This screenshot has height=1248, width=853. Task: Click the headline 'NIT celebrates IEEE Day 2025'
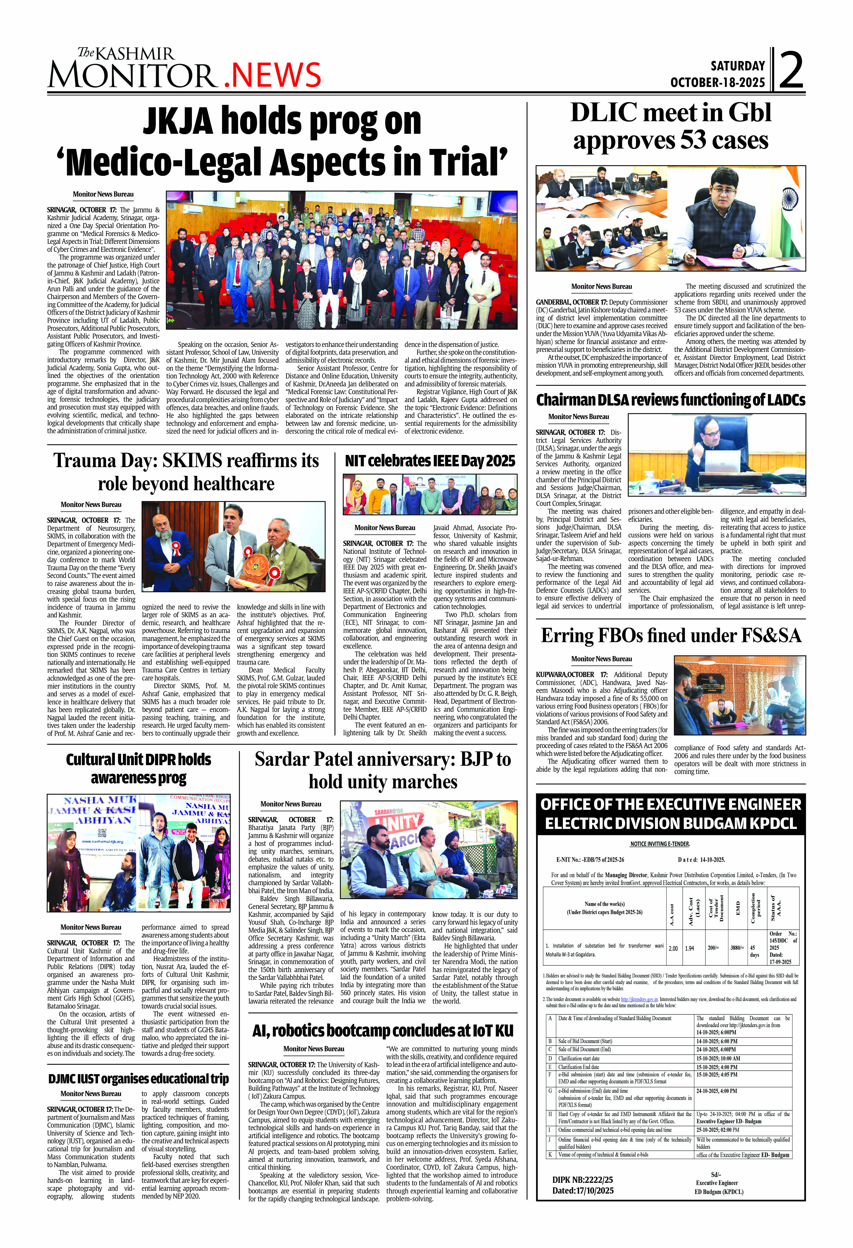[430, 461]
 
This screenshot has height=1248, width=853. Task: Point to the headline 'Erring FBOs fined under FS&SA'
[671, 635]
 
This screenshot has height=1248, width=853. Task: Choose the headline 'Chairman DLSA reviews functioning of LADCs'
[671, 400]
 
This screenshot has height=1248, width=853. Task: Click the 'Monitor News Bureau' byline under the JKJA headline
[103, 194]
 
